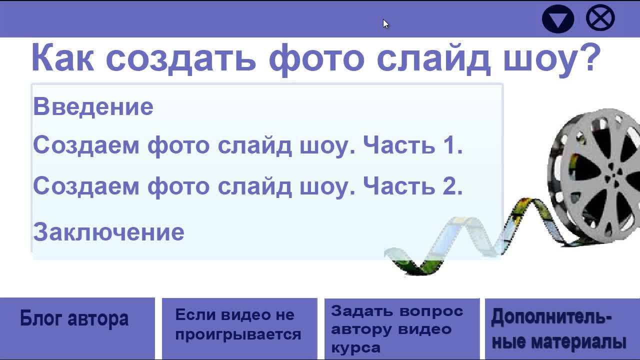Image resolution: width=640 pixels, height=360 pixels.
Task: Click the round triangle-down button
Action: (557, 19)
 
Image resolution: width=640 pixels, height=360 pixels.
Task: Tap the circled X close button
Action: (600, 17)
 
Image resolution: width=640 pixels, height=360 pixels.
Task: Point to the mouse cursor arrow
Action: (385, 24)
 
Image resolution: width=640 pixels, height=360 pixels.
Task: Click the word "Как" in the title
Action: (63, 57)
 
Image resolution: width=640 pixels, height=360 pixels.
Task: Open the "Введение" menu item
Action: (93, 106)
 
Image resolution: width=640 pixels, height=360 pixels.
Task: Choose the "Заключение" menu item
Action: (108, 232)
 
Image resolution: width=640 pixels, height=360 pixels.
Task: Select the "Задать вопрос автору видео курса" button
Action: (402, 329)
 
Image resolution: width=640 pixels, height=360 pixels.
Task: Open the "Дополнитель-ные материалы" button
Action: (562, 329)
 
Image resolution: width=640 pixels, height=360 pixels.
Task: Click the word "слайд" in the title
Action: (433, 58)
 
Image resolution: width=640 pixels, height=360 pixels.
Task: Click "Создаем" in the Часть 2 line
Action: (86, 186)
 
